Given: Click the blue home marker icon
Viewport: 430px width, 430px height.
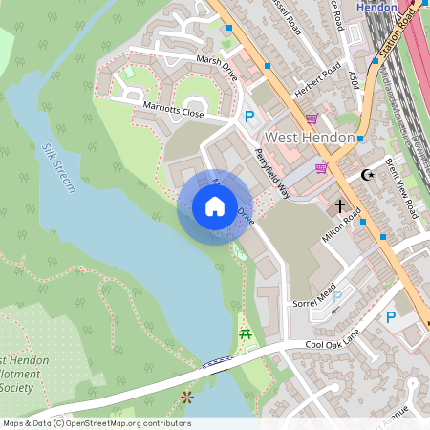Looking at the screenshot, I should click(215, 206).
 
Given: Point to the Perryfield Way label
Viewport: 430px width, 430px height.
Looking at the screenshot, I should click(271, 172).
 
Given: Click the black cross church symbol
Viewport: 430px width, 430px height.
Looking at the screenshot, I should click(339, 205).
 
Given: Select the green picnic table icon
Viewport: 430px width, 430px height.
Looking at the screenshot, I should click(246, 333).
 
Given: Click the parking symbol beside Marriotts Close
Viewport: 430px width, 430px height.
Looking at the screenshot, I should click(249, 117).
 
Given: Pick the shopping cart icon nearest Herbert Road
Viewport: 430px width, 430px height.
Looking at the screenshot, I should click(312, 118).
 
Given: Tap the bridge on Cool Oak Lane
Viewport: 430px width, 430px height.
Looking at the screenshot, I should click(217, 361).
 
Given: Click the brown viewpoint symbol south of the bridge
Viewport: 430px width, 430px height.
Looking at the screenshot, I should click(186, 396).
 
